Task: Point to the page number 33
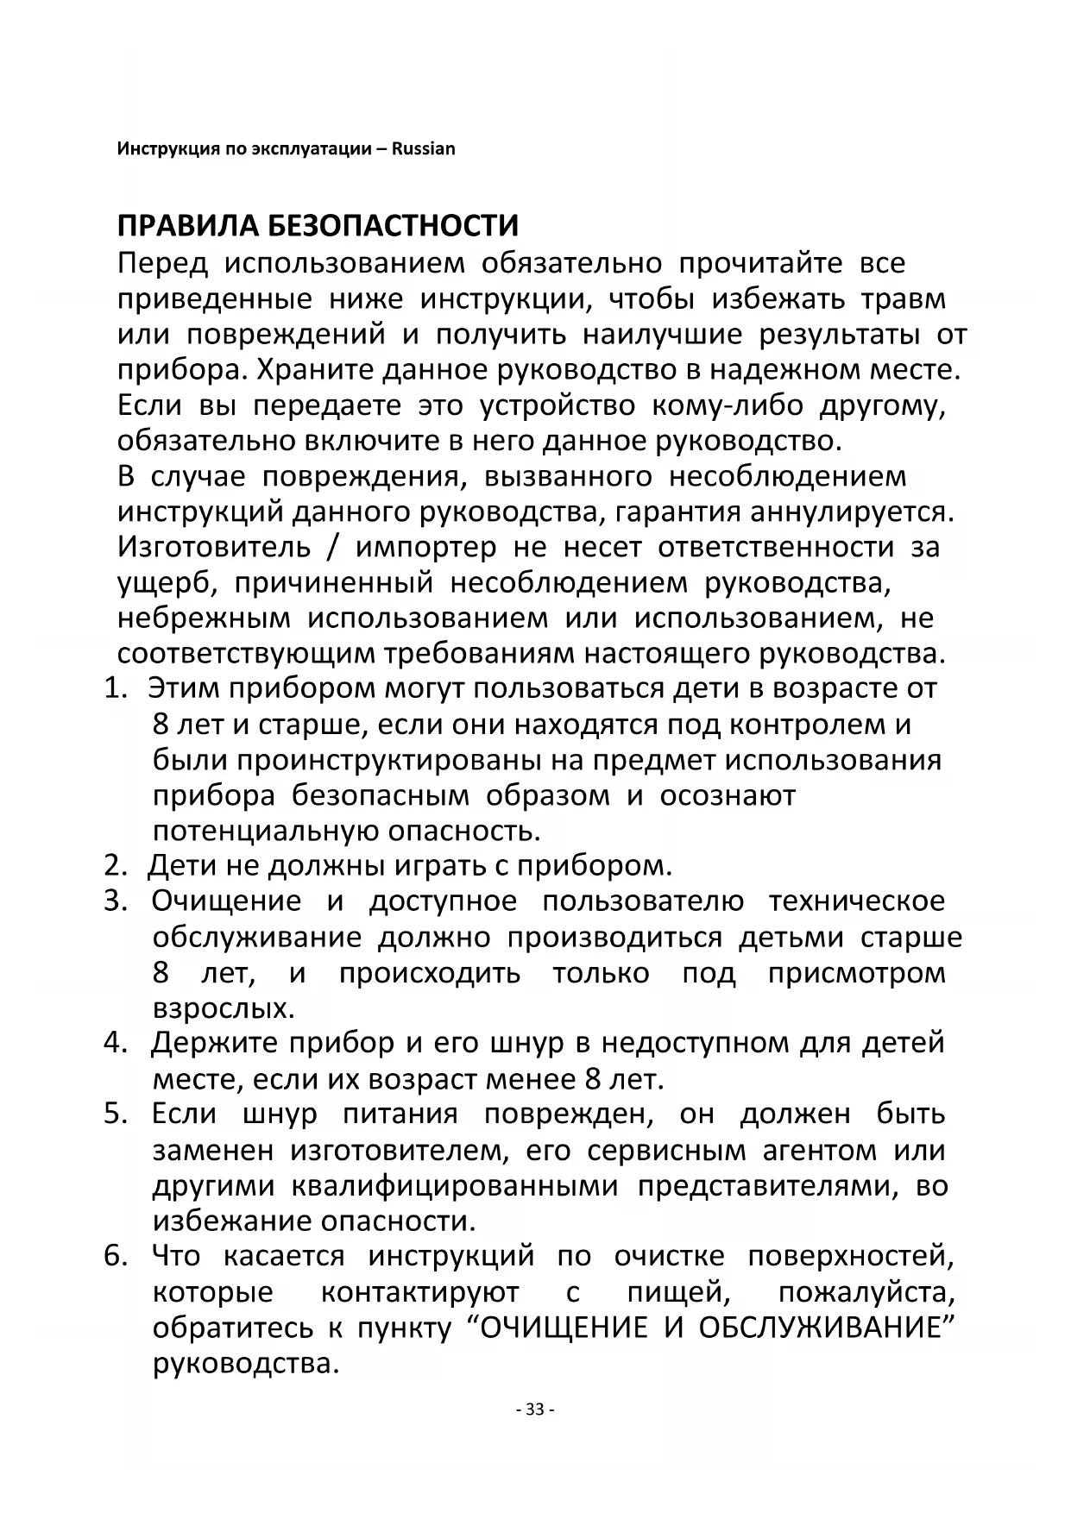[x=534, y=1409]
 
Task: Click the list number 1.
[x=115, y=688]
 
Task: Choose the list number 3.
[x=115, y=901]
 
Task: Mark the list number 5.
[x=115, y=1114]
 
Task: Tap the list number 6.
[x=115, y=1257]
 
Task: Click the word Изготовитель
[x=213, y=548]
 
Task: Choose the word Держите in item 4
[x=214, y=1044]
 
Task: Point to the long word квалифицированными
[x=455, y=1186]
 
